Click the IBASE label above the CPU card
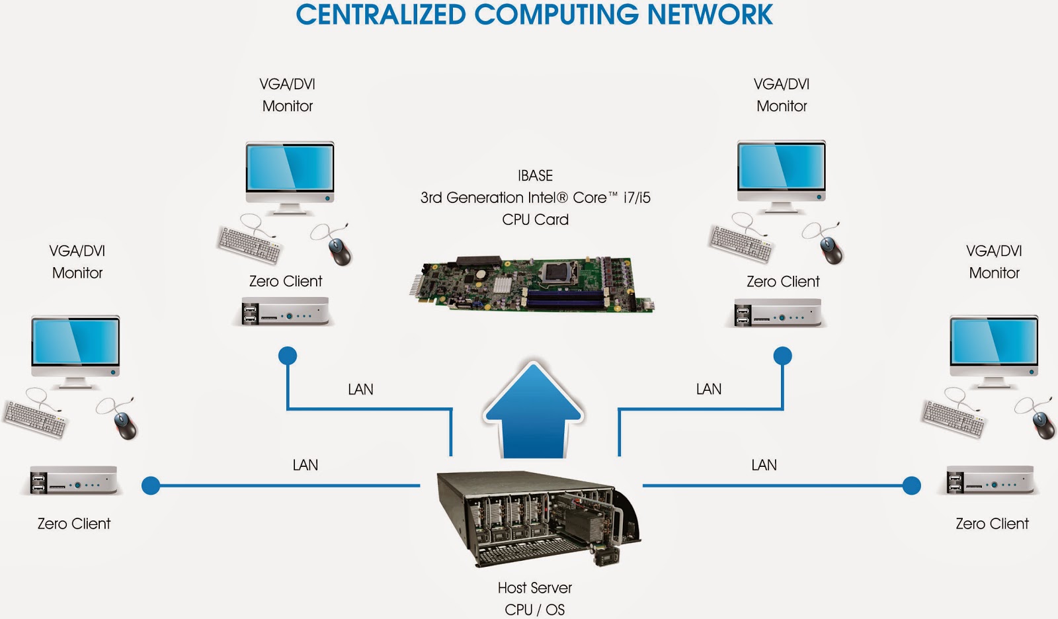click(x=535, y=175)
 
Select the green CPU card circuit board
click(x=529, y=284)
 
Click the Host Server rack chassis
click(x=536, y=519)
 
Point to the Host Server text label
click(x=534, y=587)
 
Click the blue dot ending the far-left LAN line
click(x=151, y=486)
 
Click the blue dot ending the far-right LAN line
click(x=912, y=486)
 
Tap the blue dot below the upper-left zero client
click(x=288, y=356)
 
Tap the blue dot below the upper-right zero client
click(x=782, y=356)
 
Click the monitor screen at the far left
click(x=75, y=342)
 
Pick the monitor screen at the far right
click(x=994, y=342)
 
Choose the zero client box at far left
click(x=73, y=480)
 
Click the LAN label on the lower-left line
click(x=305, y=465)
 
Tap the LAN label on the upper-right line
click(x=708, y=389)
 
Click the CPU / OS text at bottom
click(x=534, y=609)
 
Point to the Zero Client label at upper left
click(x=285, y=281)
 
